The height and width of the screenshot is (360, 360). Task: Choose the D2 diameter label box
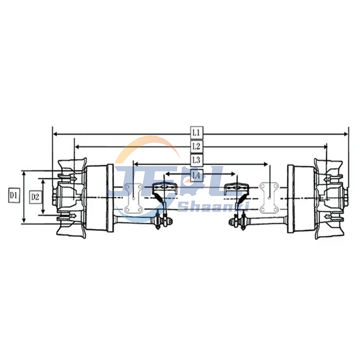pos(35,196)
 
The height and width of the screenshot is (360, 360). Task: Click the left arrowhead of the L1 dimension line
pos(55,134)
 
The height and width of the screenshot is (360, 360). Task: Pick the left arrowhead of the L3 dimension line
pos(134,164)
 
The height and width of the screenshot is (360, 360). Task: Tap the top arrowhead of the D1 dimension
pos(24,172)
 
